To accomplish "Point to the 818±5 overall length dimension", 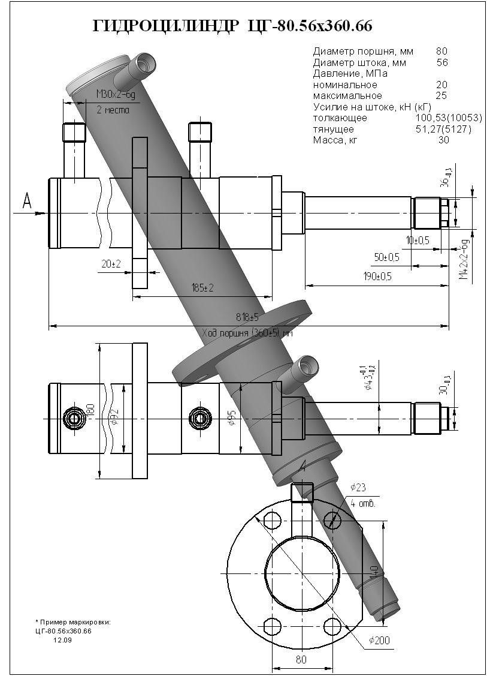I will [x=246, y=317].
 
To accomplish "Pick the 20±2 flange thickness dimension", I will [x=111, y=265].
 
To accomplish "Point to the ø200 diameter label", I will [x=379, y=641].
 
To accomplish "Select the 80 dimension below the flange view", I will [x=301, y=660].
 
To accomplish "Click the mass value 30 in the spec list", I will [x=443, y=140].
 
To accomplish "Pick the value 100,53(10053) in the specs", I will [x=448, y=118].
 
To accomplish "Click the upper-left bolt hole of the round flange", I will [x=271, y=518].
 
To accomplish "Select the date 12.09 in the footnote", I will [x=62, y=641].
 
